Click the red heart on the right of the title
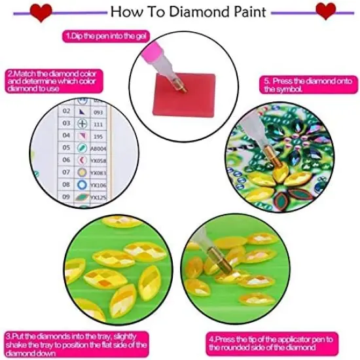tap(325, 10)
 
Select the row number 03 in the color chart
tap(66, 123)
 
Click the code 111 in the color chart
tap(98, 124)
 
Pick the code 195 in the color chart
tap(98, 135)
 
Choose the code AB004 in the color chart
tap(98, 148)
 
